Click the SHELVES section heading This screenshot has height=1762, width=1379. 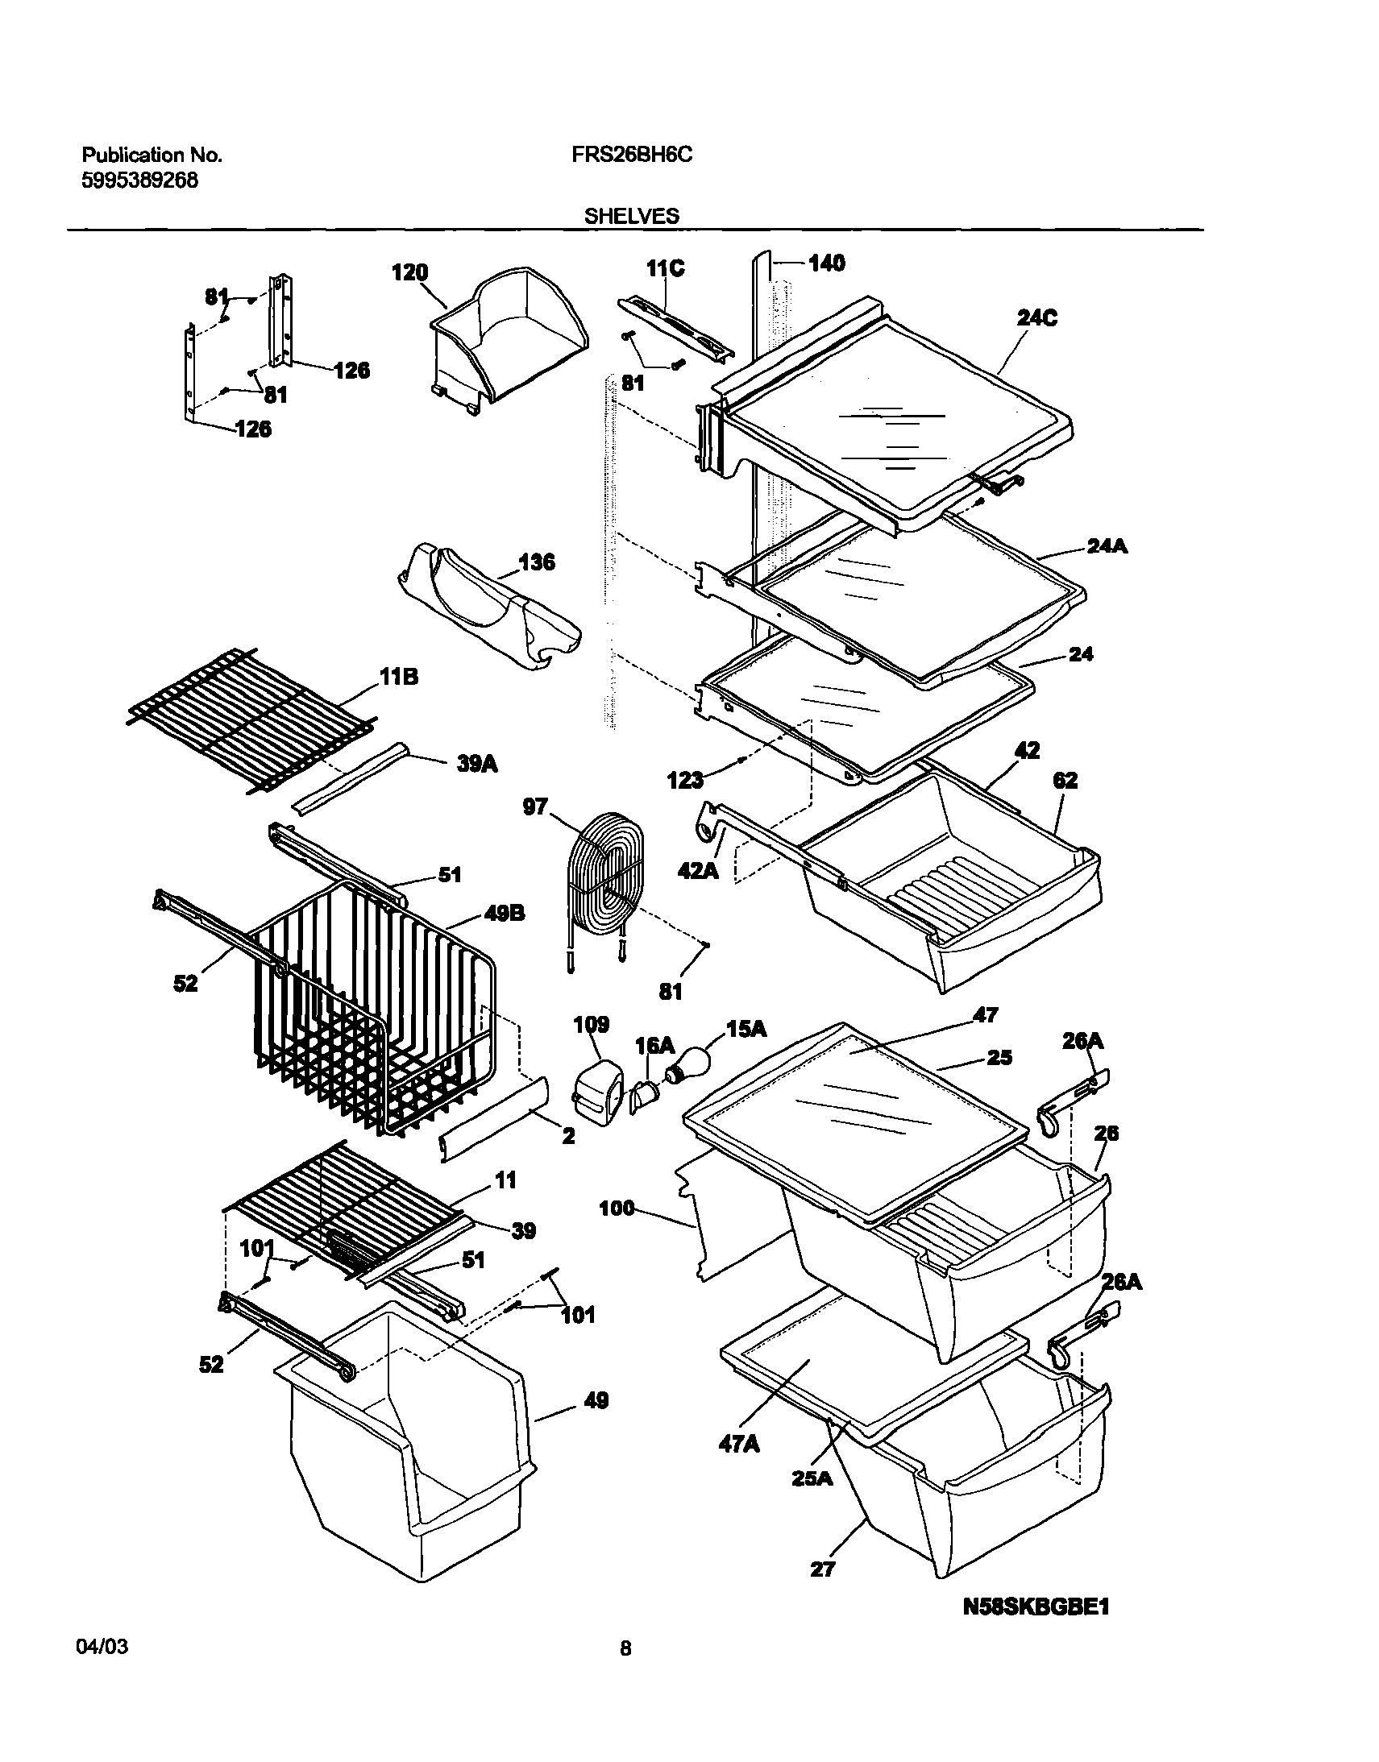point(631,215)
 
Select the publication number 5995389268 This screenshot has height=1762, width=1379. point(139,180)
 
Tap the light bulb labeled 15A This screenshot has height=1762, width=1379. point(687,1062)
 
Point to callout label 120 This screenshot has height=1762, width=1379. point(409,273)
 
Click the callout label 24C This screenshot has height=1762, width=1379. point(1036,318)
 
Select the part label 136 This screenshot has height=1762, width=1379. point(537,562)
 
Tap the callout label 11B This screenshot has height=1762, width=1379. point(399,677)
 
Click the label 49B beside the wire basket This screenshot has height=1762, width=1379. point(505,913)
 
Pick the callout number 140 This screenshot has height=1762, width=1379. point(826,263)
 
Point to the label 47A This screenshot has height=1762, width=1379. point(739,1444)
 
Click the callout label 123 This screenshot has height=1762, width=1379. point(685,780)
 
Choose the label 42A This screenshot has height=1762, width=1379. point(699,870)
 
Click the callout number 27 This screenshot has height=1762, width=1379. point(822,1569)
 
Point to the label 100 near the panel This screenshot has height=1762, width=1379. point(617,1209)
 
